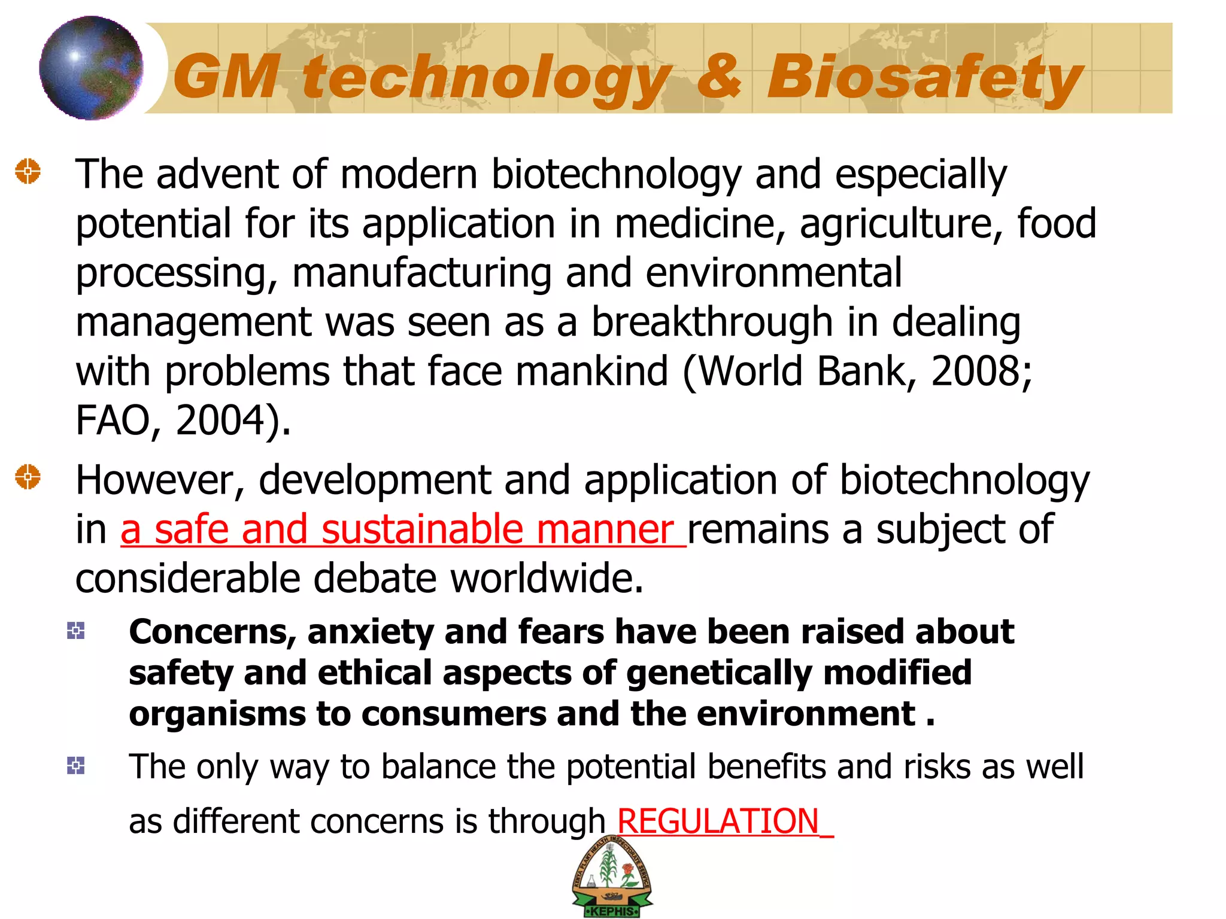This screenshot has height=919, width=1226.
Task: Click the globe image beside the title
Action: (91, 68)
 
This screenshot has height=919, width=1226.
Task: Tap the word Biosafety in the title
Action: (925, 78)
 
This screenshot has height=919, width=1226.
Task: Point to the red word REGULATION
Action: (718, 821)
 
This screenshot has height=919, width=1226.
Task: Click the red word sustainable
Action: (422, 530)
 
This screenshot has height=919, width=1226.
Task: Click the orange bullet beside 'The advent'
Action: (28, 172)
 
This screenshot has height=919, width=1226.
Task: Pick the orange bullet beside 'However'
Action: (28, 477)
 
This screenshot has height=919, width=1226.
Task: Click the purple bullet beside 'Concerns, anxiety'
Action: (76, 631)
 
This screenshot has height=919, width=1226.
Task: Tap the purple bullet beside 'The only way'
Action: (76, 765)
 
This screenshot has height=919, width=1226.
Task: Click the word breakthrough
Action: (712, 322)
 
